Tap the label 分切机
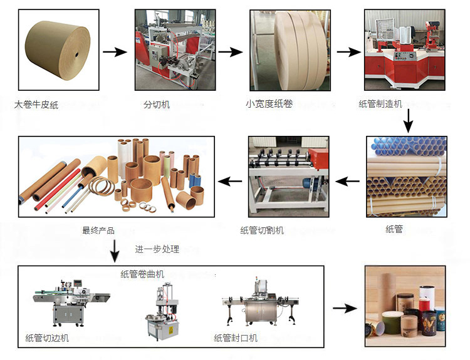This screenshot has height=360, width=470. [x=157, y=104]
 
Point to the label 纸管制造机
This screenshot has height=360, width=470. [x=380, y=104]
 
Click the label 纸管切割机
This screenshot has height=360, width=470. [x=262, y=230]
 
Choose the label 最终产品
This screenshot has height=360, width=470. [x=98, y=230]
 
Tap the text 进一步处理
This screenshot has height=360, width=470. [x=157, y=249]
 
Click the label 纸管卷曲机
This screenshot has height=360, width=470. [x=142, y=274]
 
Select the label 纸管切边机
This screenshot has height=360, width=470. [x=48, y=339]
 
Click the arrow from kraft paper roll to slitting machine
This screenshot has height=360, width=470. [x=115, y=52]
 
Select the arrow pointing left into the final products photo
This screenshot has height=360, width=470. [x=229, y=182]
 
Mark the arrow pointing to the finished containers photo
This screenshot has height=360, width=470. [x=344, y=309]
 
